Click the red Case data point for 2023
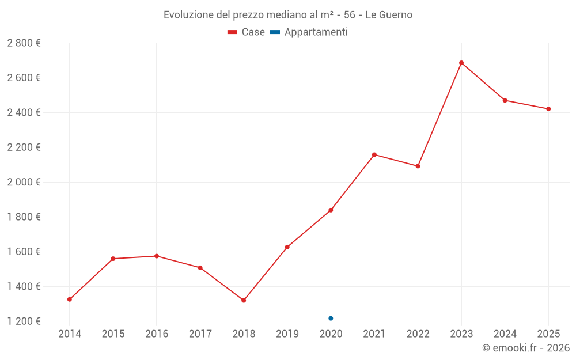click(461, 63)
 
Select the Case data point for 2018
click(244, 300)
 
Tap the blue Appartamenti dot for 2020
click(331, 318)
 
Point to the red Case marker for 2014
click(70, 300)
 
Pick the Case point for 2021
click(374, 154)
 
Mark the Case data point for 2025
click(548, 109)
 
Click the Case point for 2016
click(157, 256)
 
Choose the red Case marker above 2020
click(331, 210)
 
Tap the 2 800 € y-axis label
click(24, 43)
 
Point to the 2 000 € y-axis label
click(24, 183)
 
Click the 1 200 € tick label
click(24, 321)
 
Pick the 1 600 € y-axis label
click(24, 252)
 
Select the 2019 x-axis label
click(287, 334)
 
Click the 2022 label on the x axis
click(418, 334)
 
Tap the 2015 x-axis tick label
click(113, 334)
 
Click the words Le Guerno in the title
click(389, 15)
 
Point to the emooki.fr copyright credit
click(526, 347)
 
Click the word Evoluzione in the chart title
click(188, 15)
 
